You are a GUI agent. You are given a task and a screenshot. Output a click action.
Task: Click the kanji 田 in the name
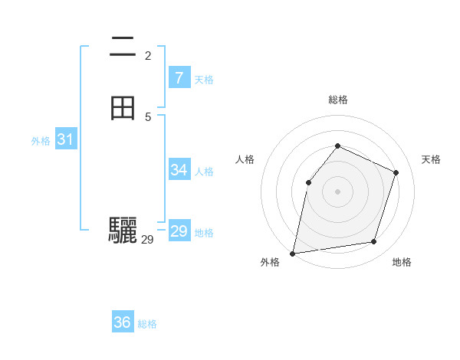click(x=123, y=109)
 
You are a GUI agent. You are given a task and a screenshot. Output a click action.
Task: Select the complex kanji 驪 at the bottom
click(x=123, y=231)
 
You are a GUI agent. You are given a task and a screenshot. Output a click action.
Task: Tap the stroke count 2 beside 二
click(x=148, y=56)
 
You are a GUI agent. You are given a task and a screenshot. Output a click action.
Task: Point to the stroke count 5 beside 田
click(x=148, y=116)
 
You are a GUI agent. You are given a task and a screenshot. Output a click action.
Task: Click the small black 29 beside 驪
click(x=148, y=240)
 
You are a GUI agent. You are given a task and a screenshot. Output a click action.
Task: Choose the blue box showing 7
click(x=179, y=77)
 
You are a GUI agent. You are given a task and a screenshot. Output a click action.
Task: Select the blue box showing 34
click(x=179, y=170)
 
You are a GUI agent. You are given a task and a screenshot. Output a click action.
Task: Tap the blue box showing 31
click(x=65, y=139)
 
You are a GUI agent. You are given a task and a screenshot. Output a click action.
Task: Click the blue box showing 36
click(x=123, y=322)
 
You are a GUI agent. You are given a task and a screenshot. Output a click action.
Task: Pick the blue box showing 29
click(x=179, y=231)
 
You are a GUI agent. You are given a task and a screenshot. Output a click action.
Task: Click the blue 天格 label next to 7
click(x=204, y=80)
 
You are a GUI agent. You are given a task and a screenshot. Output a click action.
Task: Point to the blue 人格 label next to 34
click(x=204, y=172)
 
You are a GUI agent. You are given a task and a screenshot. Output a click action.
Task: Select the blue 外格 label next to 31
click(x=40, y=141)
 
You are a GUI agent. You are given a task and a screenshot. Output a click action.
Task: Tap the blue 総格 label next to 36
click(x=147, y=324)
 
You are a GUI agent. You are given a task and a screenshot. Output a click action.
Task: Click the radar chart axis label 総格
click(x=338, y=100)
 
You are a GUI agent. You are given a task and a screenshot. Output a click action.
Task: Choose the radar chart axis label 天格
click(x=431, y=159)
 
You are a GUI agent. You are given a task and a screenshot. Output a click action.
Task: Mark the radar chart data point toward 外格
click(x=293, y=253)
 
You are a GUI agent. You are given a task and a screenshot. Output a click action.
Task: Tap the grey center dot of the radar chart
click(x=338, y=191)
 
